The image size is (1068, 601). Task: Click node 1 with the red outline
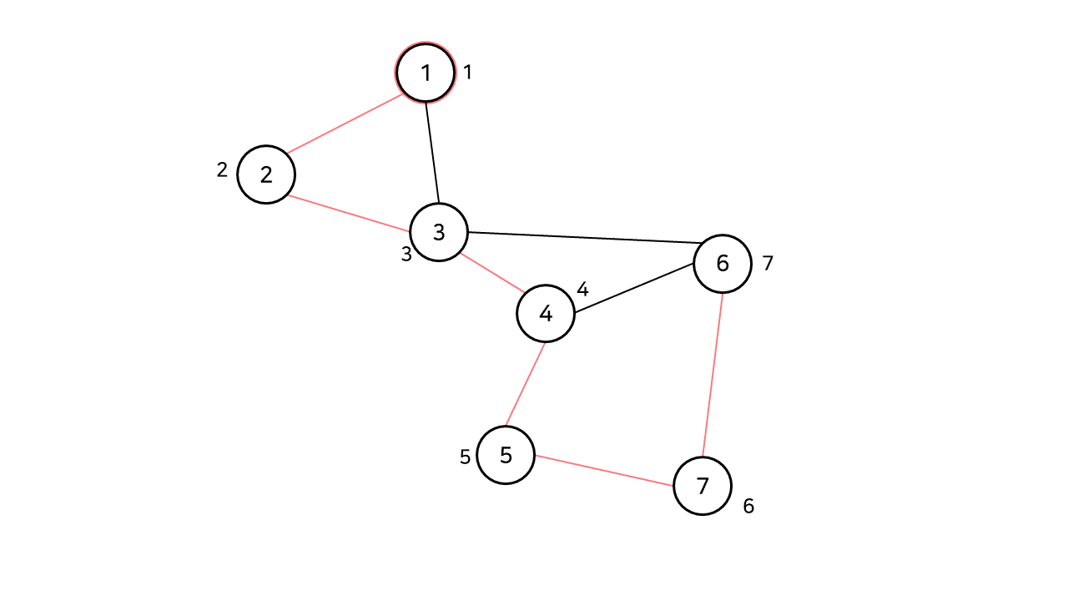(x=426, y=73)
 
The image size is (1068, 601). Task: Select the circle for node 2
(x=266, y=174)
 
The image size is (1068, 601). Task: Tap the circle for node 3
(x=439, y=232)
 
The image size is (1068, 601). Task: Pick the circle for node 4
(x=546, y=314)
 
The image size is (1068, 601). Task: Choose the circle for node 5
(x=506, y=455)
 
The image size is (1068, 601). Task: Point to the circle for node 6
(x=723, y=264)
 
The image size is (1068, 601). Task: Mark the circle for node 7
(x=703, y=486)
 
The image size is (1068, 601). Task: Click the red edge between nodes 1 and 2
(x=345, y=124)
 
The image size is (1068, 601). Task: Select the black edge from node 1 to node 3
(x=432, y=152)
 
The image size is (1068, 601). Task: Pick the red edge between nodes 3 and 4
(x=492, y=273)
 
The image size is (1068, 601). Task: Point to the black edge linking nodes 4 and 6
(x=634, y=289)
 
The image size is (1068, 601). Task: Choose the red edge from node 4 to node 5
(x=526, y=384)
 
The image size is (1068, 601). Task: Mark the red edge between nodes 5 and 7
(x=604, y=471)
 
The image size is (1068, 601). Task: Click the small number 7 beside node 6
(x=768, y=264)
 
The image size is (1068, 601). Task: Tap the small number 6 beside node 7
(x=748, y=506)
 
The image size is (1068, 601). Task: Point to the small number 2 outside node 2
(x=222, y=170)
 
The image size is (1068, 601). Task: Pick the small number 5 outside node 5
(x=466, y=457)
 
